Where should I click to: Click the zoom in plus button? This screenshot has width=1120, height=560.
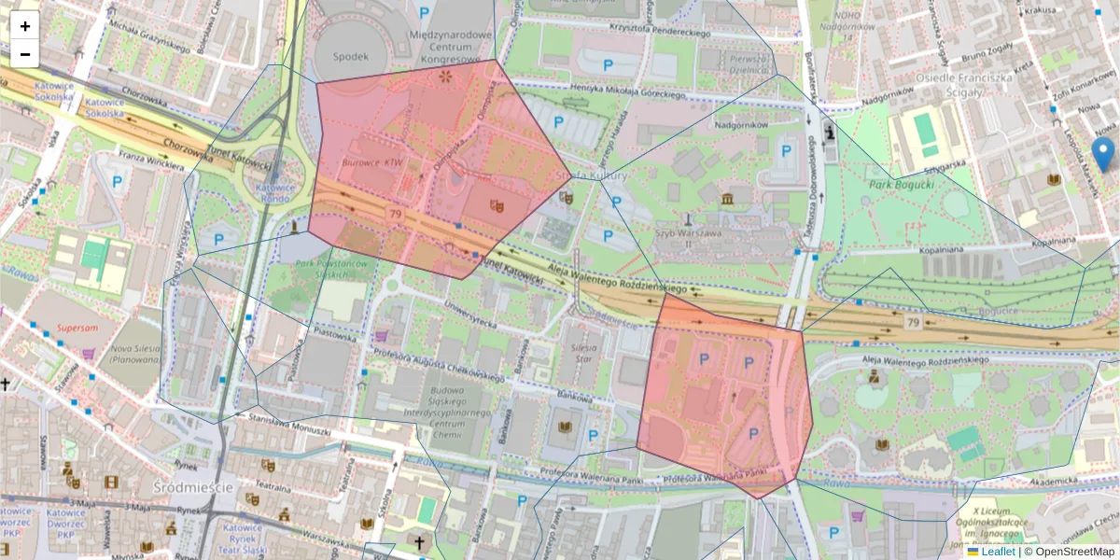point(25,26)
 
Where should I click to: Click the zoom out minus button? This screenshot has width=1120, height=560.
point(25,54)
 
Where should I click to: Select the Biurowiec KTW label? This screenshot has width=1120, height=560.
point(371,161)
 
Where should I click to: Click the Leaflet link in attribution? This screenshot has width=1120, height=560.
point(998,552)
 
